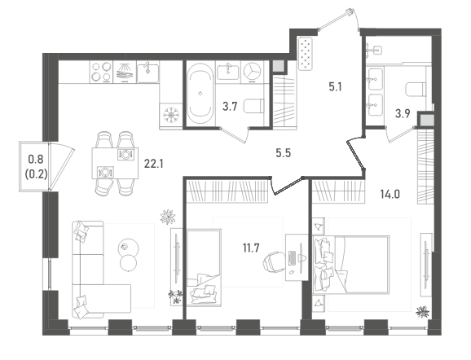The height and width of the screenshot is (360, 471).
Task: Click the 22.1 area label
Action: [153, 164]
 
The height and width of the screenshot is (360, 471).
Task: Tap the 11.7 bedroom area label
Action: [251, 248]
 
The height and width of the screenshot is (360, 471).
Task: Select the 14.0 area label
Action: [390, 195]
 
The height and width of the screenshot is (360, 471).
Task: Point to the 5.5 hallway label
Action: [284, 153]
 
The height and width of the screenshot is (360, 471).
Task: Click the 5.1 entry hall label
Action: [335, 87]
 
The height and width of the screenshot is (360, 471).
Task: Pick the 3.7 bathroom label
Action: [230, 107]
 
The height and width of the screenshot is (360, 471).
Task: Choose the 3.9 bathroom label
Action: [403, 113]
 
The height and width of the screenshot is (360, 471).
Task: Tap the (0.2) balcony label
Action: [36, 174]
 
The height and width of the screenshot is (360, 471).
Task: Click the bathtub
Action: [200, 93]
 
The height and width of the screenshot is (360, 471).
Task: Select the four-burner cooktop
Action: [101, 72]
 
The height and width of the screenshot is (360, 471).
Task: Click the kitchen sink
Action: [147, 72]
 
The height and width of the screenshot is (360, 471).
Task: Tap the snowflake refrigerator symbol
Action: [171, 115]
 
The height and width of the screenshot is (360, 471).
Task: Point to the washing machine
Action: [252, 72]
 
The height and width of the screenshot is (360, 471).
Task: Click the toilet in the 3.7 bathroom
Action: [253, 106]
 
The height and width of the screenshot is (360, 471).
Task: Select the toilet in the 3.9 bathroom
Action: [416, 89]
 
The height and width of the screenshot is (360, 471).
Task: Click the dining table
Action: [115, 163]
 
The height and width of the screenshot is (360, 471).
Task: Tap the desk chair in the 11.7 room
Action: [273, 261]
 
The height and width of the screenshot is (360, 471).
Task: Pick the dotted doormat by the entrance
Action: [306, 54]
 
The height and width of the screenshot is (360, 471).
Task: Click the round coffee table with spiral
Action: [130, 247]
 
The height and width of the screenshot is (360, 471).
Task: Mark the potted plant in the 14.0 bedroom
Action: [422, 312]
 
